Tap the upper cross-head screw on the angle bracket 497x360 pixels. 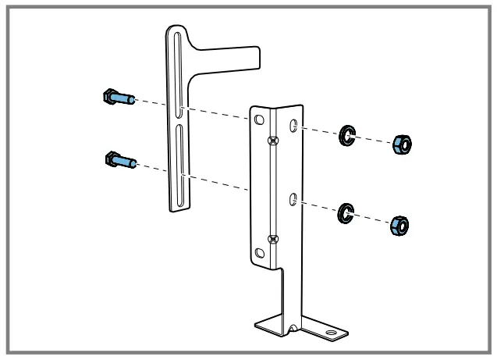[x=272, y=141]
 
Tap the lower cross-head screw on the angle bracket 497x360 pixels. [x=272, y=238]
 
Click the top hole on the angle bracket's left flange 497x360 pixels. [x=258, y=119]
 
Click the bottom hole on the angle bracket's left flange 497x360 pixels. [x=258, y=252]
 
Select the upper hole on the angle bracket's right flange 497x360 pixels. [x=293, y=126]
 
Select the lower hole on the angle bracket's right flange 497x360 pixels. [x=293, y=201]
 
